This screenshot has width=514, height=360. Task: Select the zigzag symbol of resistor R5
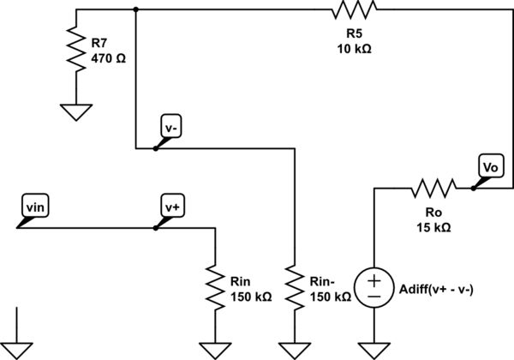click(x=355, y=10)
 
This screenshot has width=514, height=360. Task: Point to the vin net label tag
click(x=36, y=207)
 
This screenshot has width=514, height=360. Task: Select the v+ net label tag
click(x=171, y=207)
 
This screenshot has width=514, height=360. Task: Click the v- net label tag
click(x=170, y=127)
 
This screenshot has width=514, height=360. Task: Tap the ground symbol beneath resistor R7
click(x=75, y=110)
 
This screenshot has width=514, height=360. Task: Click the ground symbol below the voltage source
click(x=374, y=348)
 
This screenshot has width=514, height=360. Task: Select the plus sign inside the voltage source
click(x=374, y=280)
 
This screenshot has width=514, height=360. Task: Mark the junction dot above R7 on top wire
click(x=135, y=10)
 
